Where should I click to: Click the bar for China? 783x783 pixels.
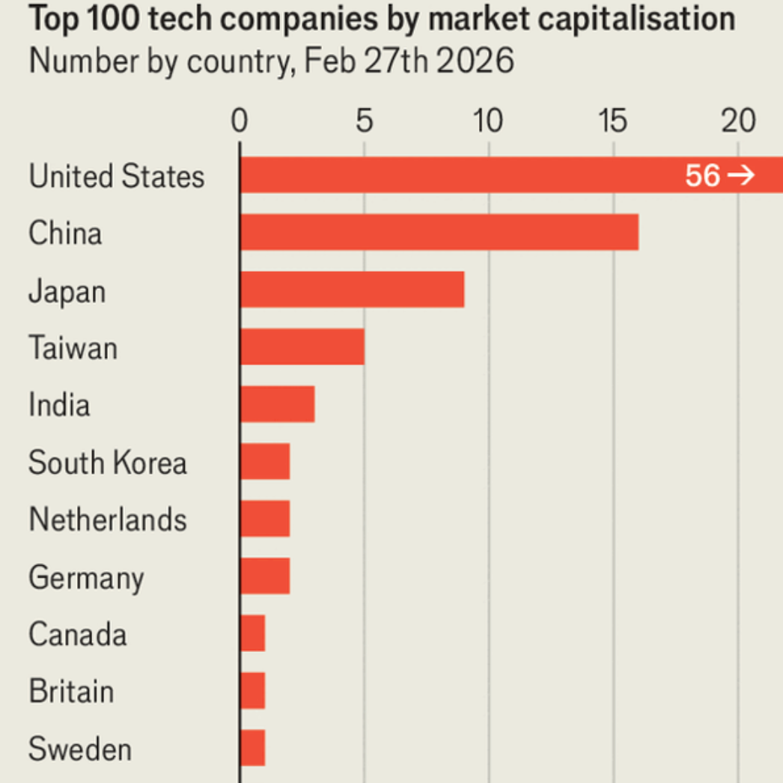coord(439,232)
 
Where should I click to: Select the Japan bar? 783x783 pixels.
coord(353,290)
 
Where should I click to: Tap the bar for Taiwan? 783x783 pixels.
coord(302,347)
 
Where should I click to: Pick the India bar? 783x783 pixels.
coord(278,404)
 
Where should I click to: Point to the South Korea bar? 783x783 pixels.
coord(265,461)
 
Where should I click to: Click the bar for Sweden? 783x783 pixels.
coord(253,748)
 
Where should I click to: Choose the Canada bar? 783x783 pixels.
coord(253,633)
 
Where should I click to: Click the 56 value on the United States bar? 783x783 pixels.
coord(702,176)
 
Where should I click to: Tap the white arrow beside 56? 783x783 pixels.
coord(741,176)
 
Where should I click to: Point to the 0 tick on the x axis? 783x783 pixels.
coord(239,122)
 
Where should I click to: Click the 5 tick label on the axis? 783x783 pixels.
coord(364,122)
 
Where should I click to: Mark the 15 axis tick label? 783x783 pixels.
coord(613,122)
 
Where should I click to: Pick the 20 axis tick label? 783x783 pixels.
coord(738,122)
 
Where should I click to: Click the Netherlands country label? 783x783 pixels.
coord(108,519)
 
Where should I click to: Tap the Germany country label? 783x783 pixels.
coord(86,577)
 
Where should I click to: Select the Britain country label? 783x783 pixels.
coord(71,691)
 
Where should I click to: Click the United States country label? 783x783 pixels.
coord(116,177)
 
